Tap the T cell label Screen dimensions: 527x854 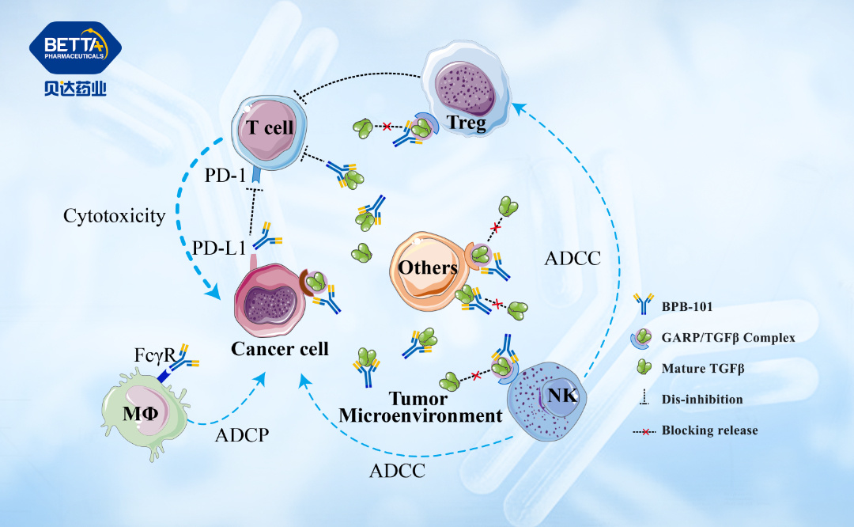(x=268, y=128)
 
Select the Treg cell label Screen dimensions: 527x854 (x=466, y=123)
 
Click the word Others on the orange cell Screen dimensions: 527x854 (x=428, y=267)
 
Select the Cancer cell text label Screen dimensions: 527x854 (x=280, y=348)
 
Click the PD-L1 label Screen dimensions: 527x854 (x=218, y=247)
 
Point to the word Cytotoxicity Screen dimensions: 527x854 (x=114, y=215)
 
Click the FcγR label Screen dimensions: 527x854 (x=154, y=354)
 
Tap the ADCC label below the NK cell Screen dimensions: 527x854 (x=398, y=471)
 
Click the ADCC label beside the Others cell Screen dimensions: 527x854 (x=572, y=259)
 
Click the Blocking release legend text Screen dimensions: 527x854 (x=709, y=430)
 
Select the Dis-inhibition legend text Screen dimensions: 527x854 (x=702, y=399)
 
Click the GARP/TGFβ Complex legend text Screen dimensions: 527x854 (x=727, y=338)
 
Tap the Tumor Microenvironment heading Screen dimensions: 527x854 (x=420, y=407)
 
